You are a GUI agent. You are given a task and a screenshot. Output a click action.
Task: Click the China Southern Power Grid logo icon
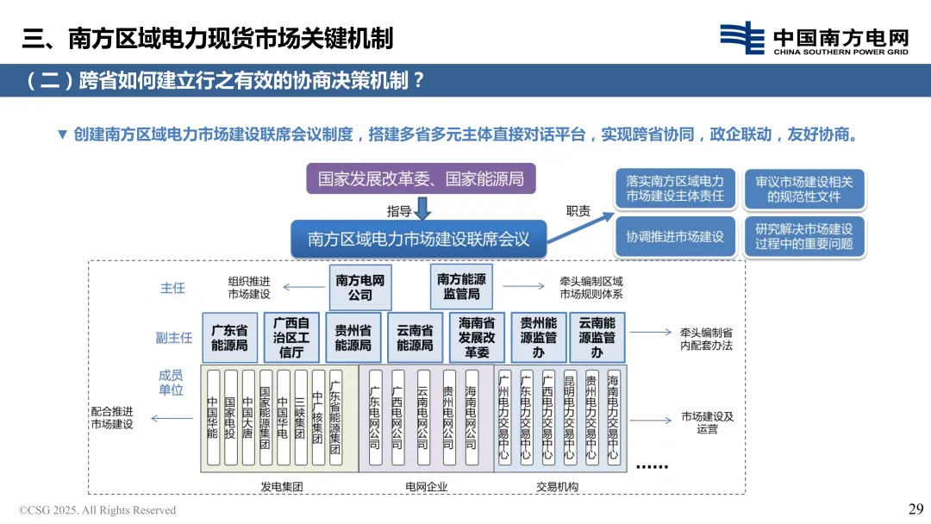(742, 38)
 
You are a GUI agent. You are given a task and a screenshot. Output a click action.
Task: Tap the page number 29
(915, 508)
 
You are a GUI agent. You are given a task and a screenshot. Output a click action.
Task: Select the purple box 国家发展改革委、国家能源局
(421, 179)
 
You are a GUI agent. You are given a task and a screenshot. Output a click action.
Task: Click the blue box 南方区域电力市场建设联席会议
(419, 239)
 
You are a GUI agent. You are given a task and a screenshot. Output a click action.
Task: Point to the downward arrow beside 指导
(422, 209)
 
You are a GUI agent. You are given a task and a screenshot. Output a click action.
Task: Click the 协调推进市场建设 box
(675, 236)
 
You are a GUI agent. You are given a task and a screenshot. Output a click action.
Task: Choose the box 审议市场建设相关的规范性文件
(803, 189)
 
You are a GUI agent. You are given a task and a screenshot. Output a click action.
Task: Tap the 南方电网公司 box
(360, 288)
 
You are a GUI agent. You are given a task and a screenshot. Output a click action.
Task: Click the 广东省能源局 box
(229, 337)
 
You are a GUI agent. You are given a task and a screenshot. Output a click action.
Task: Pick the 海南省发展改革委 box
(477, 337)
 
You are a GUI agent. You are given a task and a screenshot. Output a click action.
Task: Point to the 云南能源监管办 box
(597, 337)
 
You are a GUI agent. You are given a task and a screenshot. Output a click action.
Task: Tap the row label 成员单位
(171, 383)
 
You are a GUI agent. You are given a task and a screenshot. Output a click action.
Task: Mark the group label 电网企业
(427, 487)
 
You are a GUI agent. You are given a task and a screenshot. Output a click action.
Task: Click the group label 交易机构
(557, 487)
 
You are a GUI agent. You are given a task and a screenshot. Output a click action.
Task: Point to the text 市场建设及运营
(707, 422)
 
